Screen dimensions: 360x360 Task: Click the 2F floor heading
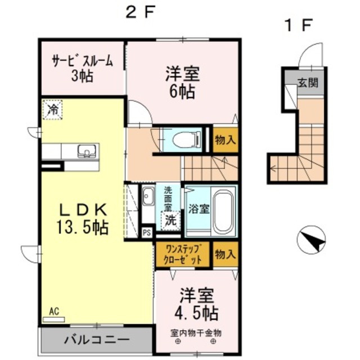[139, 12]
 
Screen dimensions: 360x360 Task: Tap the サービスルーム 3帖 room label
[83, 68]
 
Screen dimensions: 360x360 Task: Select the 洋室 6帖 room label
[180, 83]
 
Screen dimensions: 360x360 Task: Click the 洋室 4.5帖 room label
[196, 304]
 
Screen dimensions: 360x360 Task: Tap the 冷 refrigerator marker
[53, 109]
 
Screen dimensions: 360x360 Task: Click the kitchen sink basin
[87, 151]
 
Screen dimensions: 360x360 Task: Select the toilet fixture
[186, 139]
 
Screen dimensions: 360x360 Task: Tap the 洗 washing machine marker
[170, 221]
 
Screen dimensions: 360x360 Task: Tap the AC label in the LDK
[54, 310]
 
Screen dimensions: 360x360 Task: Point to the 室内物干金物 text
[196, 333]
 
